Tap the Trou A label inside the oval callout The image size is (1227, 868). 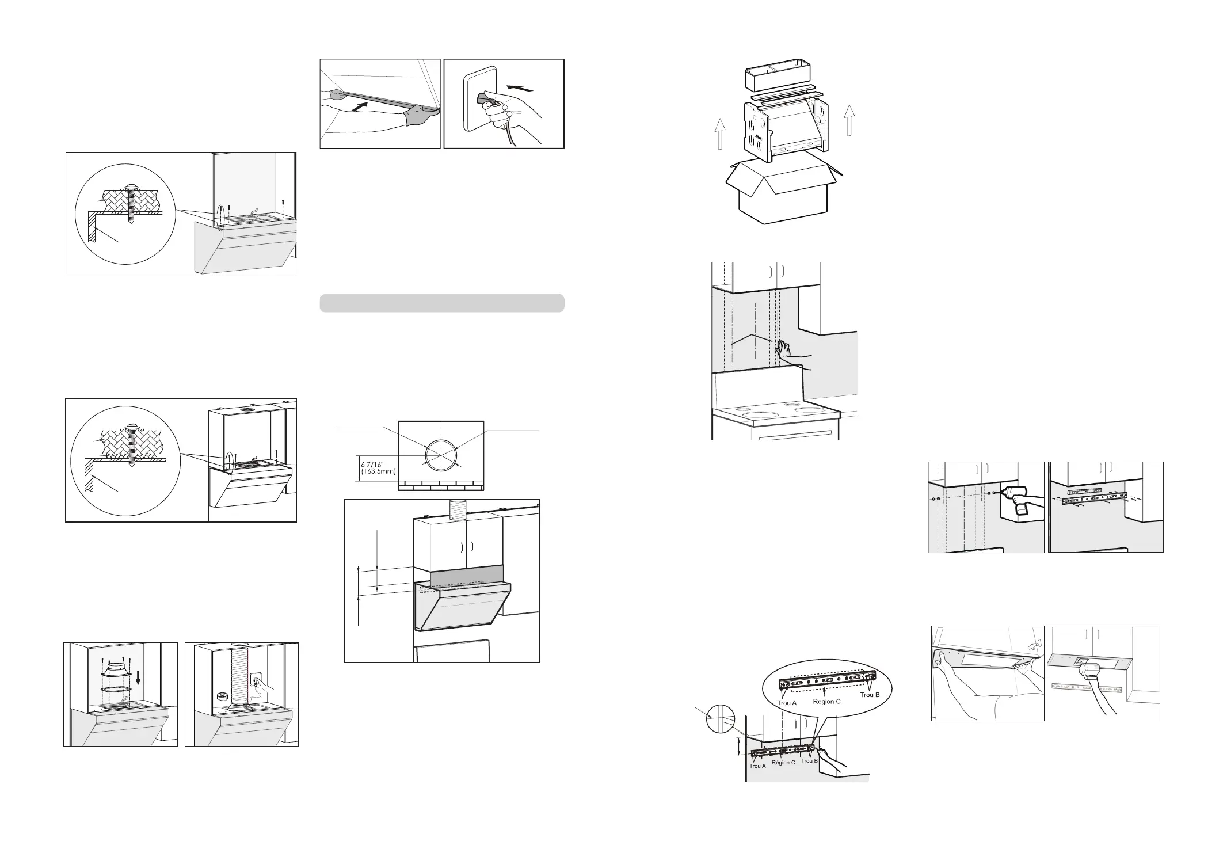coord(787,703)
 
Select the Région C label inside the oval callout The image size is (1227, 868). coord(826,702)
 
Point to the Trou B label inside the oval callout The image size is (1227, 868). coord(870,695)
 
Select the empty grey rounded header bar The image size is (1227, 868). coord(441,303)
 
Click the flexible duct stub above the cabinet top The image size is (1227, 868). coord(459,511)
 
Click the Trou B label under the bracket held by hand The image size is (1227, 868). coord(809,761)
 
